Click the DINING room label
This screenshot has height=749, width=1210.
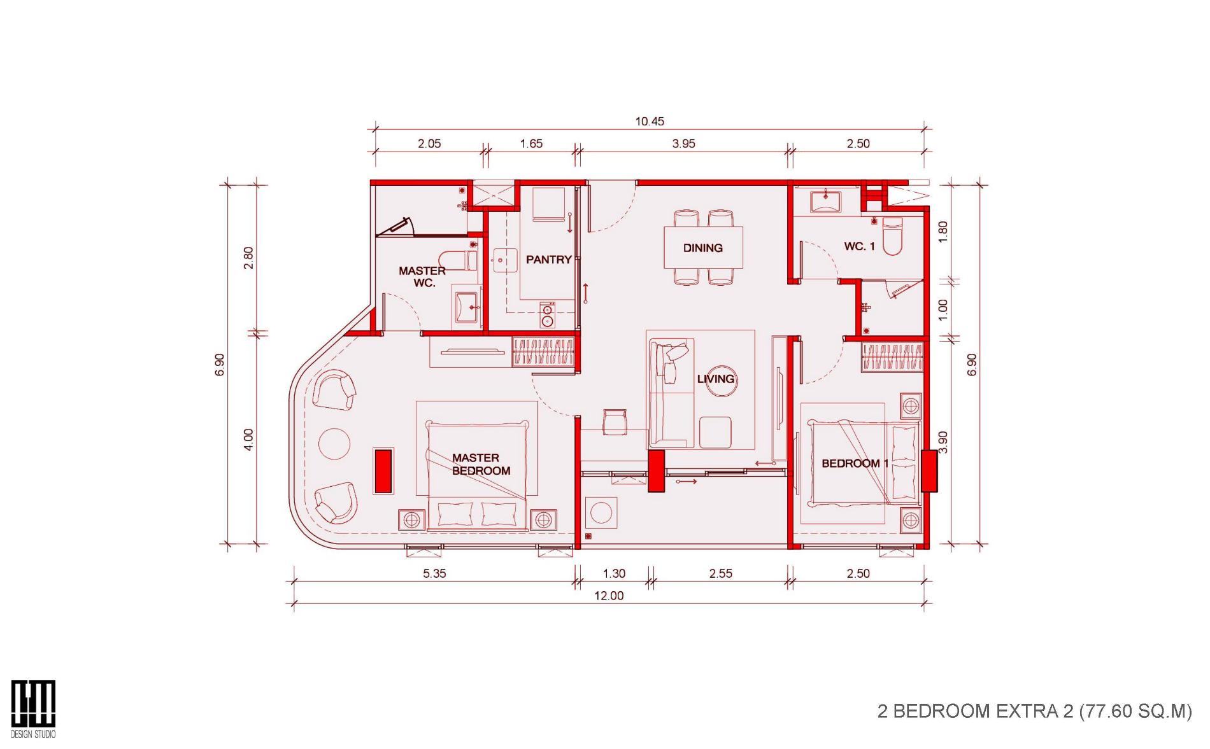pos(702,248)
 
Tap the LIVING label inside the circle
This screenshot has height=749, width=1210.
pos(716,379)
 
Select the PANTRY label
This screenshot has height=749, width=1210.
pos(548,260)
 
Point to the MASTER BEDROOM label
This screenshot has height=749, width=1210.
pos(481,465)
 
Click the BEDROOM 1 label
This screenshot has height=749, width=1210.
pos(855,463)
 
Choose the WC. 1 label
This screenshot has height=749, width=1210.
pos(860,246)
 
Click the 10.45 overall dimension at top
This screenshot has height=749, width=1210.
pos(650,121)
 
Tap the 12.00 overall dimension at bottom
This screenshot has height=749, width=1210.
pos(609,596)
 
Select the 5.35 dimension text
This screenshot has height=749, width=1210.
pos(434,573)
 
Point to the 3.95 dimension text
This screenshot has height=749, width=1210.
pos(683,144)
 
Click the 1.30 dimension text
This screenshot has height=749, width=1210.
pos(614,573)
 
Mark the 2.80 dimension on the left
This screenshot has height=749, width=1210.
pos(248,258)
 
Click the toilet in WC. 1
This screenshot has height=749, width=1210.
pos(892,235)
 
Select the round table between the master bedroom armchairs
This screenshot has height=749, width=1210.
pos(334,444)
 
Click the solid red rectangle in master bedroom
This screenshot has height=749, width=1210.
pos(383,470)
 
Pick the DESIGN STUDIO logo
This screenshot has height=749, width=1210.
pos(33,709)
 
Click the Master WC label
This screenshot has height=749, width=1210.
pos(422,277)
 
